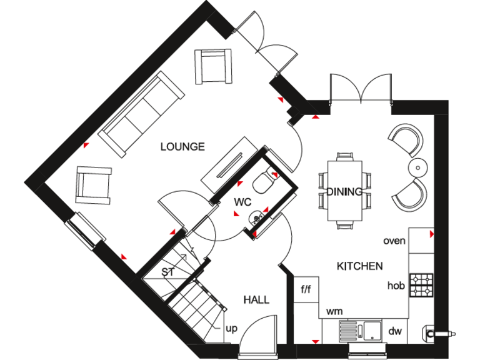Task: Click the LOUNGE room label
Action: point(182,147)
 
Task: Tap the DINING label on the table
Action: point(344,192)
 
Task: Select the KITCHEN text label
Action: point(359,266)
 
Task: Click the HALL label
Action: point(256,300)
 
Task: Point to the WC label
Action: point(242,202)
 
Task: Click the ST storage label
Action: point(167,272)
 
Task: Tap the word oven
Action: point(394,241)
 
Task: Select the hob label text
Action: point(396,286)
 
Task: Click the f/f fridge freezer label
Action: point(306,289)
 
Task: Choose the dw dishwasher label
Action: point(395,331)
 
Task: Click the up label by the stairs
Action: point(231,328)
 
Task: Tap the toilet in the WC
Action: point(262,182)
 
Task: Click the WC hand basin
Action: point(256,217)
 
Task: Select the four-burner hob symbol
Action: point(421,284)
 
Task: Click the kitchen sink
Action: point(364,329)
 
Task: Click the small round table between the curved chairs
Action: point(417,167)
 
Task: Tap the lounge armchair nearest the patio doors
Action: point(212,66)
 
